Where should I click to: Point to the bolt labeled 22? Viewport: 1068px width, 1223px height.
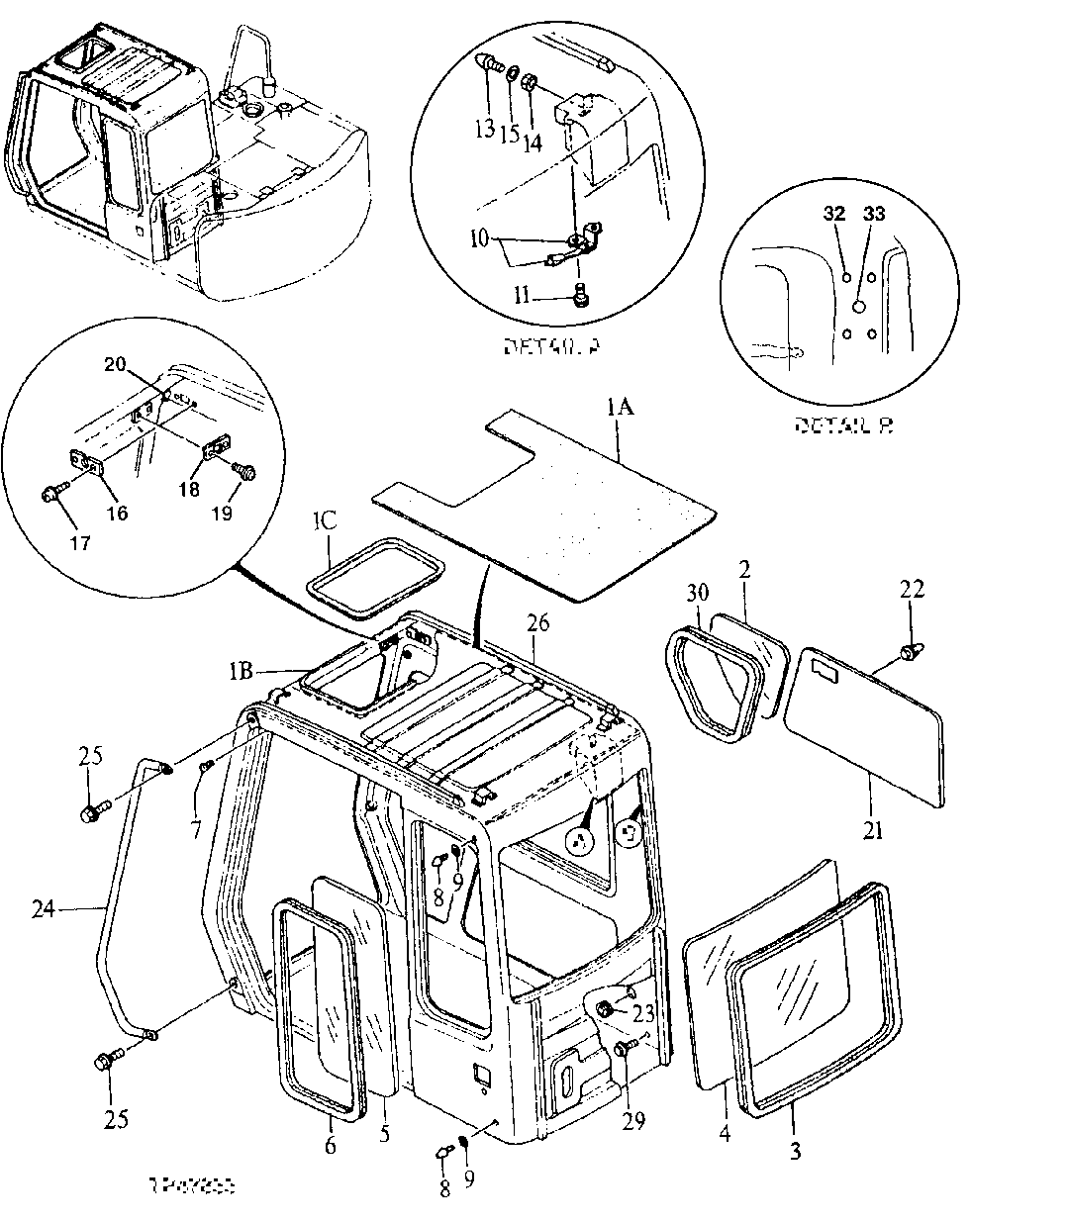(x=908, y=651)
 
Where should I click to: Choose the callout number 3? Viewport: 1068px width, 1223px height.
(x=796, y=1151)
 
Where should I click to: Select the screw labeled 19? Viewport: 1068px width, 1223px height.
(x=243, y=472)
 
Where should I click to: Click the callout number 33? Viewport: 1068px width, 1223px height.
(x=873, y=214)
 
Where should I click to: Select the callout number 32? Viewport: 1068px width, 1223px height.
(x=835, y=214)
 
